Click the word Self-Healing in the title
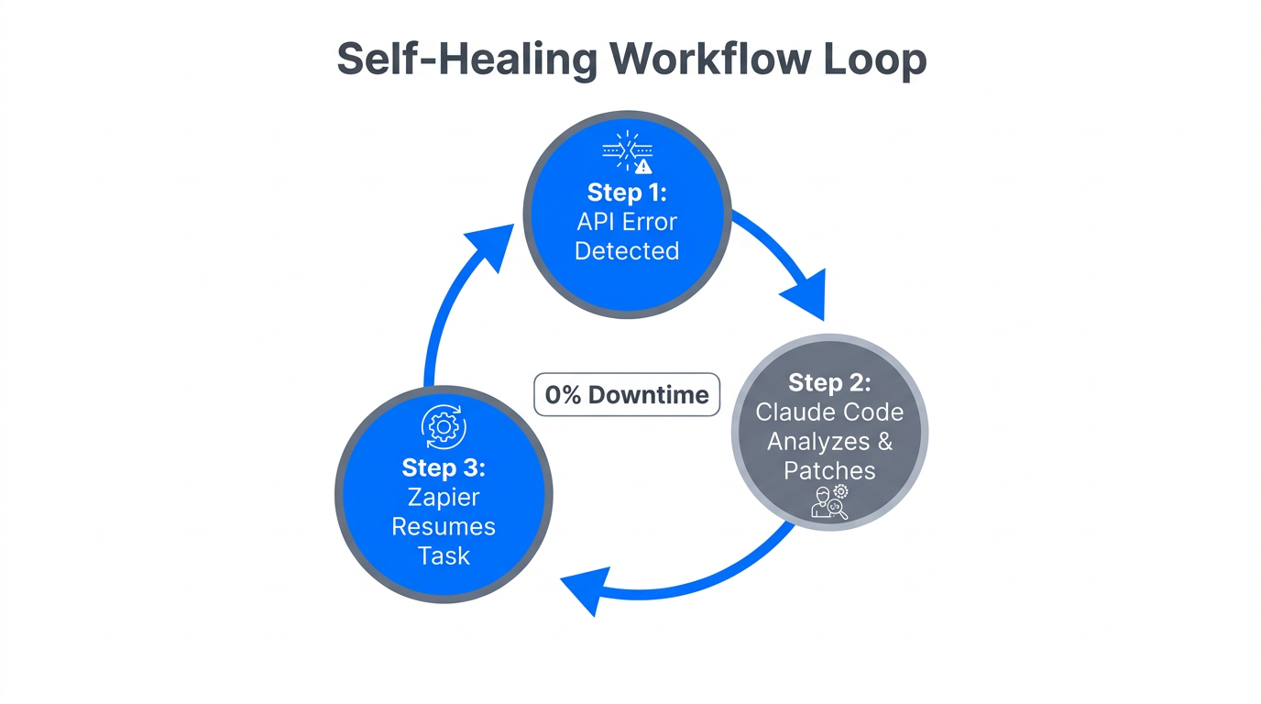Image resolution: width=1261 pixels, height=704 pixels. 466,60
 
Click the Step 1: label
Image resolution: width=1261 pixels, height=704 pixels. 627,192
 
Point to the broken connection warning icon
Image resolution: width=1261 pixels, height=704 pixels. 628,152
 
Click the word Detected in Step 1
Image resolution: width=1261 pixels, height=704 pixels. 627,251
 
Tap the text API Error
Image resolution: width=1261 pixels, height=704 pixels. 627,222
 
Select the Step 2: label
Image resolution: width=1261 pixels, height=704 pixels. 829,382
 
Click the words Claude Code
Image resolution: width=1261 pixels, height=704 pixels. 829,412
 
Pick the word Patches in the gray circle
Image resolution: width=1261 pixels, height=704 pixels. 829,470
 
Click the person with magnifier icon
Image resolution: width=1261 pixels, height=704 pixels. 830,503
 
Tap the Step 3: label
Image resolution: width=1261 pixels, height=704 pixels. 444,467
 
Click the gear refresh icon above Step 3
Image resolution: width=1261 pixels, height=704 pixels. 444,427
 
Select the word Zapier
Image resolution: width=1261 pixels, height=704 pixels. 444,497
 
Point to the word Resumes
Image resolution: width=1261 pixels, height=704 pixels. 444,526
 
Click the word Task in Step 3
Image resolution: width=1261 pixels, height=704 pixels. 444,555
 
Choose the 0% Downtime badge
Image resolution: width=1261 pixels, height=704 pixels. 627,395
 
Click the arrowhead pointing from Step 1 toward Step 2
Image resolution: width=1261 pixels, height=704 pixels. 806,292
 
